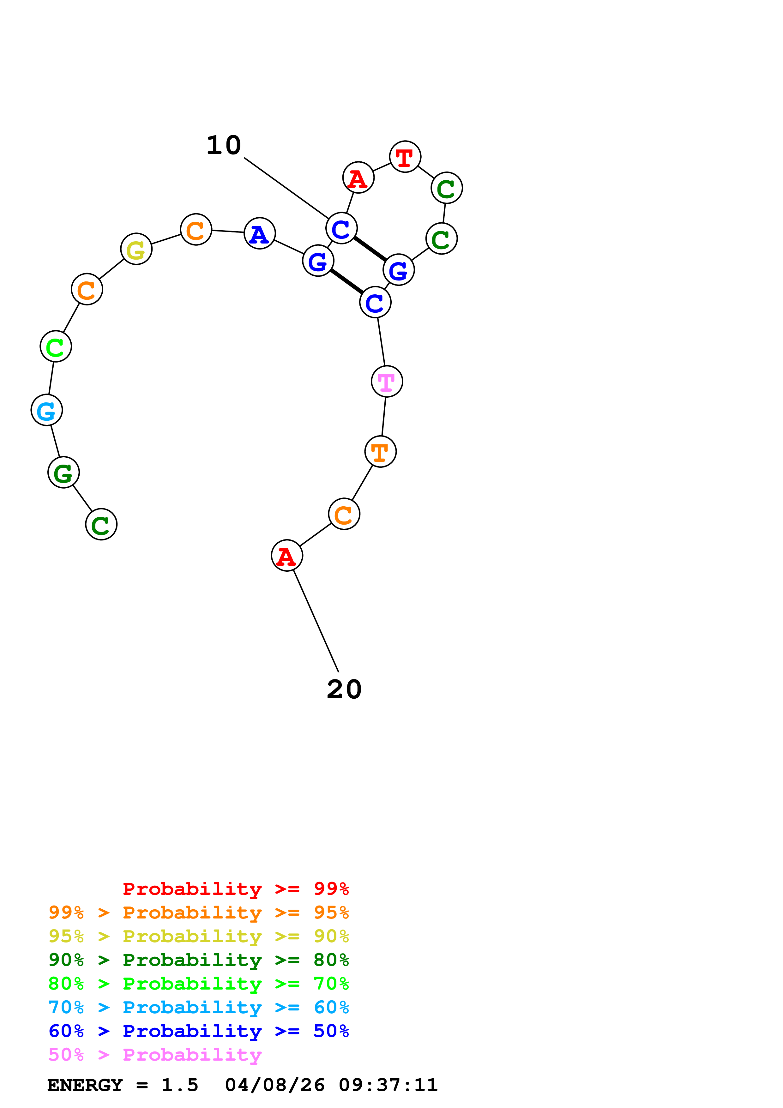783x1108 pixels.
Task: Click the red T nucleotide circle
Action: pos(405,157)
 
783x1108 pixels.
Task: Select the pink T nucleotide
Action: pos(386,382)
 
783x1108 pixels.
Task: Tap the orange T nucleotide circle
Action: pos(380,452)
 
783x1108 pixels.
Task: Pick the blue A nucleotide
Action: pos(260,233)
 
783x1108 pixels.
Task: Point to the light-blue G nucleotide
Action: pos(46,411)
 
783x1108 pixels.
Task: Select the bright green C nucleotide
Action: pos(56,346)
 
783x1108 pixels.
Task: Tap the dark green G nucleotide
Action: pos(63,473)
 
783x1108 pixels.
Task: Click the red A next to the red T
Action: pos(358,178)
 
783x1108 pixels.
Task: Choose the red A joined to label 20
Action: pos(286,556)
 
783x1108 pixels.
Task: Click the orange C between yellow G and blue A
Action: pos(196,230)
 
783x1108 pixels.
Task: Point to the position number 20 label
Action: pos(344,689)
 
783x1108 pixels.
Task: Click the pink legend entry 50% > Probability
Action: pos(155,1055)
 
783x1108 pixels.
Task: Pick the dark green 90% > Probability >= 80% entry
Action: pos(198,960)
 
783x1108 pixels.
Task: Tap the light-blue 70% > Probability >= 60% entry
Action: pos(198,1008)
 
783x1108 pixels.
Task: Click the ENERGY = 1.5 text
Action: pos(123,1085)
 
